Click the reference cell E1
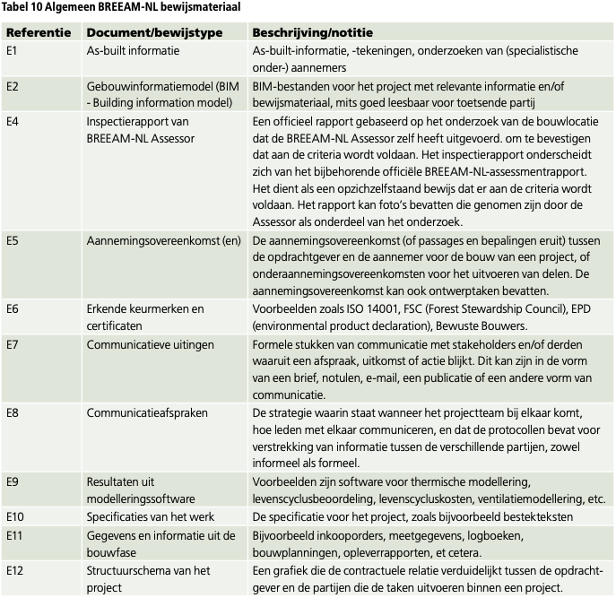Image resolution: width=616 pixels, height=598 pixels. (x=13, y=51)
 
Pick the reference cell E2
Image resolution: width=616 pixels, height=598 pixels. (x=13, y=86)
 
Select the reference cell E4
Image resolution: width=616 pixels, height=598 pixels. (x=13, y=121)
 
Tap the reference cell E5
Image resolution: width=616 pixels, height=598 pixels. (x=13, y=240)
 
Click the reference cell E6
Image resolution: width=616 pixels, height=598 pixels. (x=13, y=308)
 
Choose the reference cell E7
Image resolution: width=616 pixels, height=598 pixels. (x=13, y=343)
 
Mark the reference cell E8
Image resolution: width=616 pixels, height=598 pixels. (x=13, y=412)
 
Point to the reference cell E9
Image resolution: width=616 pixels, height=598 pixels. (x=13, y=481)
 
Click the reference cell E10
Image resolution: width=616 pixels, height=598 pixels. (x=15, y=516)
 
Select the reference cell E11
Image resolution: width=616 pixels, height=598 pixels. (x=15, y=534)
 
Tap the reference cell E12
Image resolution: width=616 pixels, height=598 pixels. (x=15, y=569)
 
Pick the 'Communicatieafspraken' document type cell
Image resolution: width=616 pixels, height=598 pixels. (x=147, y=412)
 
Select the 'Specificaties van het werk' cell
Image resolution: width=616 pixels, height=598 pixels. (x=152, y=516)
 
